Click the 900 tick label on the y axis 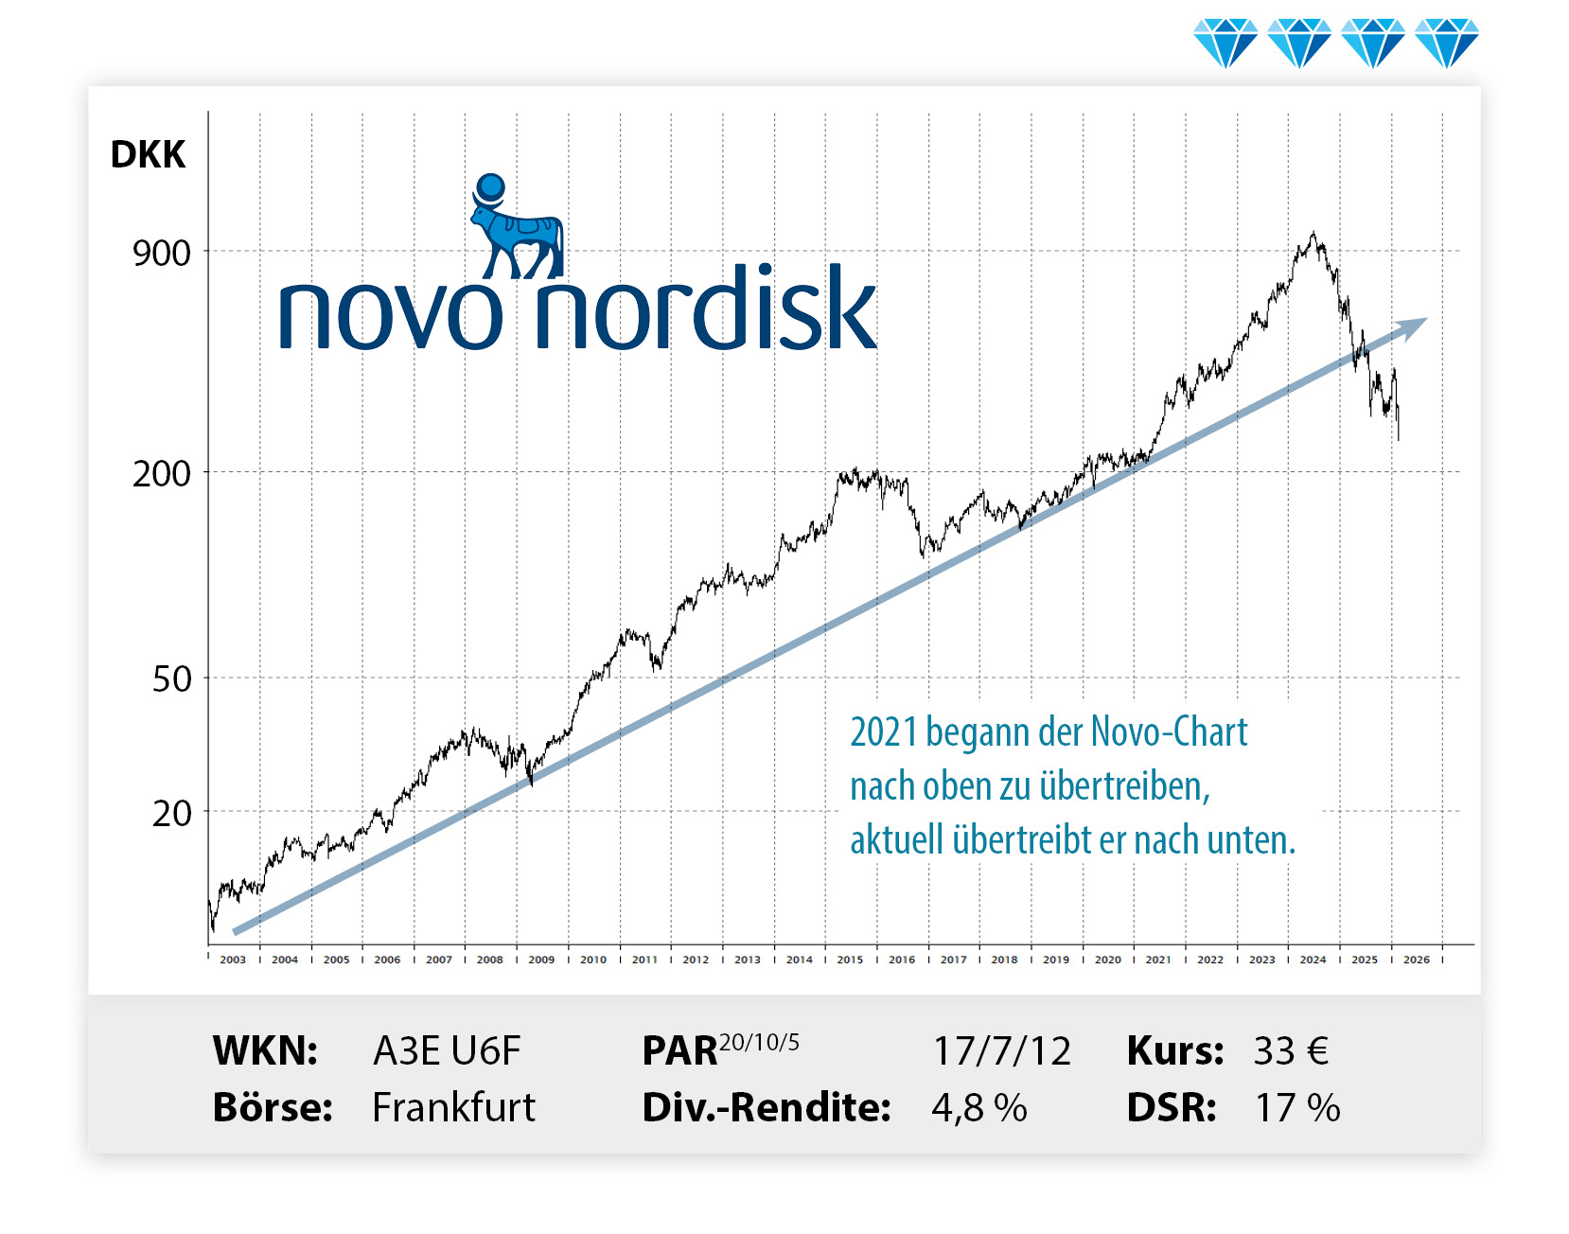point(161,254)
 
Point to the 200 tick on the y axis point(161,473)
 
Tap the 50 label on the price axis point(171,679)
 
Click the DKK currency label point(148,154)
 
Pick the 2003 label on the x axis point(233,960)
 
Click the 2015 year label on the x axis point(850,960)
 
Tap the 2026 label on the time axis point(1416,960)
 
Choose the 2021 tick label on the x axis point(1158,960)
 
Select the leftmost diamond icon point(1225,43)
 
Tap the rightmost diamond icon point(1446,43)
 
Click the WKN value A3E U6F point(447,1051)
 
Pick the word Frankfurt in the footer point(453,1108)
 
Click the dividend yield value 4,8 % point(979,1108)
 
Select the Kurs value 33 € point(1291,1051)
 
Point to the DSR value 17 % point(1297,1108)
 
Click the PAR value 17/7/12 point(1001,1051)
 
